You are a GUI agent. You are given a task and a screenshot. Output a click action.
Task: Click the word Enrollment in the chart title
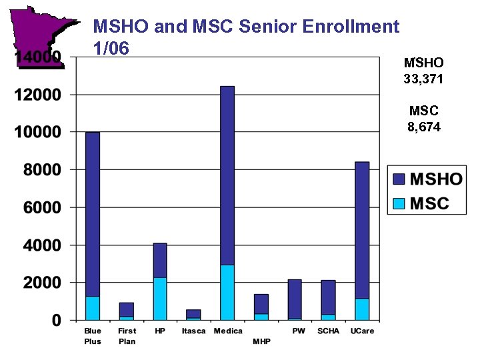click(x=351, y=27)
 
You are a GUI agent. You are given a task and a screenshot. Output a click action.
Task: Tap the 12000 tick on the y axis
click(x=37, y=95)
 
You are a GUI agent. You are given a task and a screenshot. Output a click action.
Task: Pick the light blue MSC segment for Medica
click(x=227, y=293)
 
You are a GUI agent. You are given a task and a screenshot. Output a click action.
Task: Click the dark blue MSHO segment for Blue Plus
click(x=93, y=214)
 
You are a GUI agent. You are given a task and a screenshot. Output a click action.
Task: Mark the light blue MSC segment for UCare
click(x=361, y=309)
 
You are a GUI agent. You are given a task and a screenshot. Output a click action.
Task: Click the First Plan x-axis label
click(x=127, y=336)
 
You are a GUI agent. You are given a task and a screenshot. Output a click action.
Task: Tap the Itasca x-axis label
click(x=194, y=331)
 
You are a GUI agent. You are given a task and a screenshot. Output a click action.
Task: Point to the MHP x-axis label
click(x=261, y=341)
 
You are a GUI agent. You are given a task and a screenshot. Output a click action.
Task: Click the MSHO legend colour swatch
click(x=399, y=179)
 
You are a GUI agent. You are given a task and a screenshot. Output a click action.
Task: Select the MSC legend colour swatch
click(x=399, y=203)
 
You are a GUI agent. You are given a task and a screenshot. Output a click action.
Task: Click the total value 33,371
click(x=423, y=78)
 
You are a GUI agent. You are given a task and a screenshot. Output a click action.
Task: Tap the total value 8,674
click(x=424, y=126)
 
